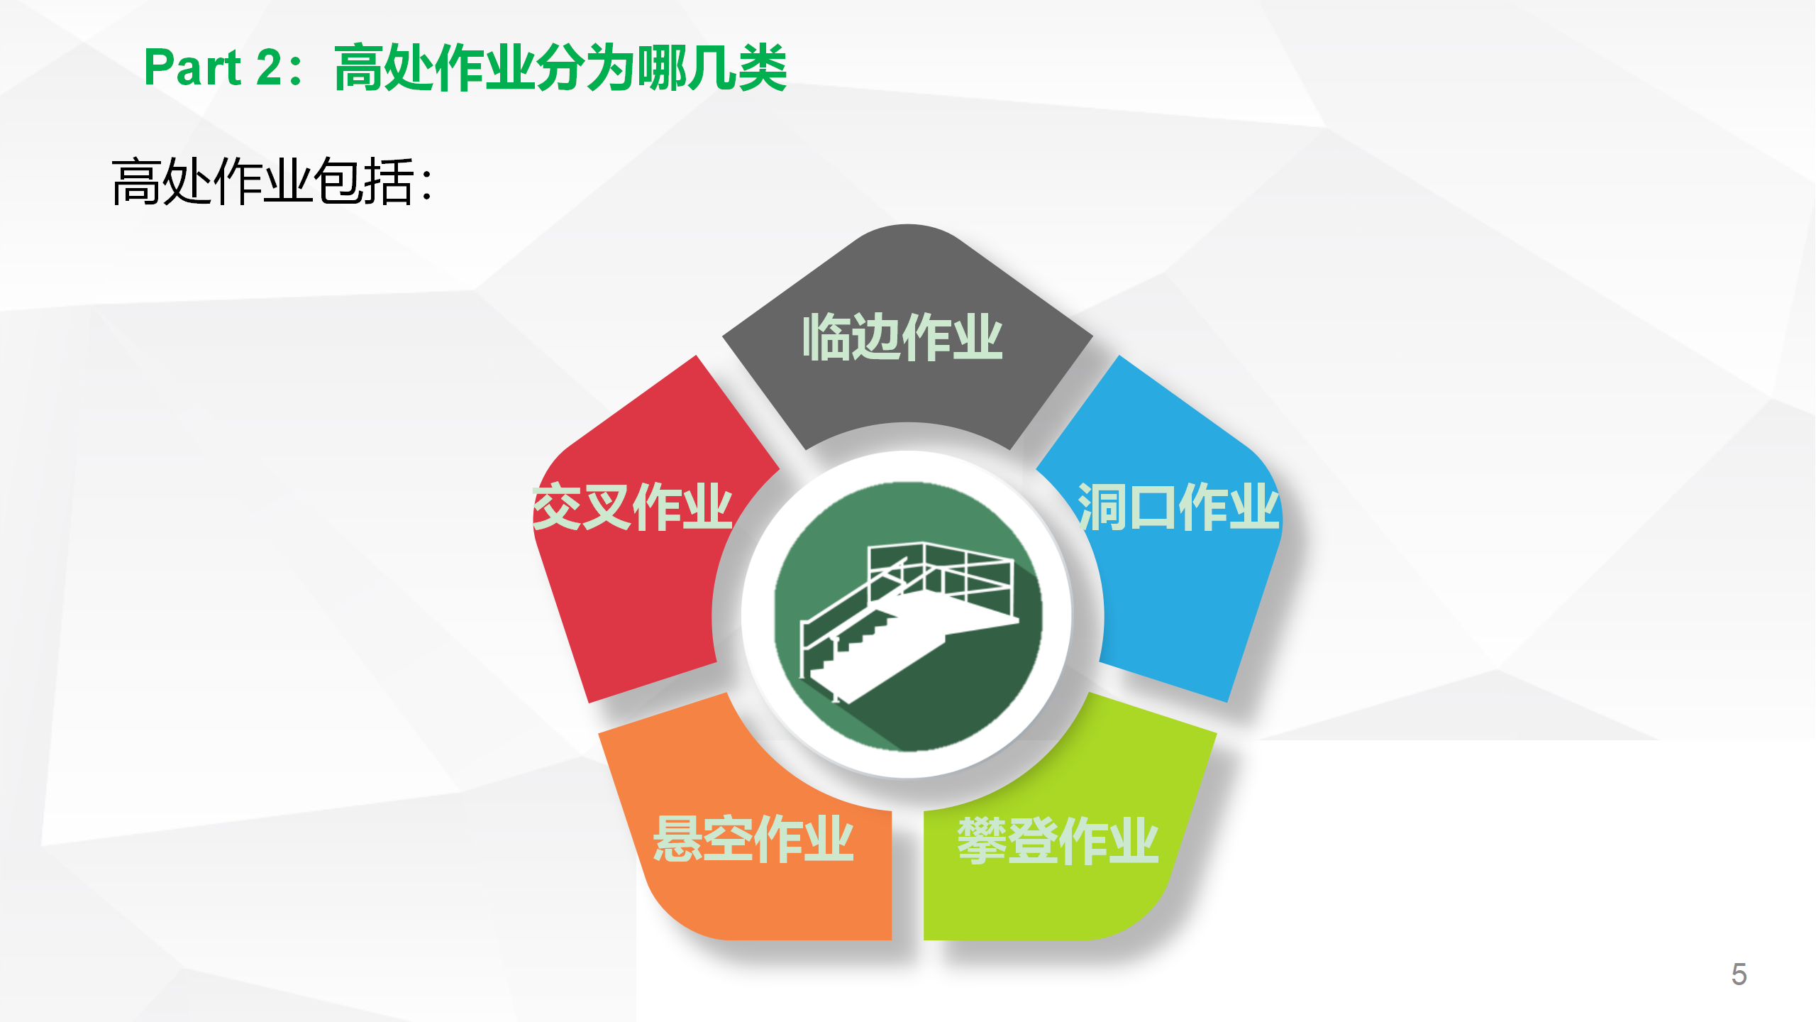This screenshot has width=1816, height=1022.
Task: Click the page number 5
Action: tap(1739, 974)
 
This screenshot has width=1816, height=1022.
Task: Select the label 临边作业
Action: tap(902, 337)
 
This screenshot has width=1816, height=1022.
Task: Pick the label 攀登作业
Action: tap(1058, 840)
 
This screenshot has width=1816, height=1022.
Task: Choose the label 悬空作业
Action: tap(753, 839)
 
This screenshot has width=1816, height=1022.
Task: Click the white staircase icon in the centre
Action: tap(909, 617)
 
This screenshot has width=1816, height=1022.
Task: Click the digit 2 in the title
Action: tap(270, 67)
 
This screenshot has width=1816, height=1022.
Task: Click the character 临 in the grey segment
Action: tap(826, 337)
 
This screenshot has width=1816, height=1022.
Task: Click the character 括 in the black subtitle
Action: tap(388, 182)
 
